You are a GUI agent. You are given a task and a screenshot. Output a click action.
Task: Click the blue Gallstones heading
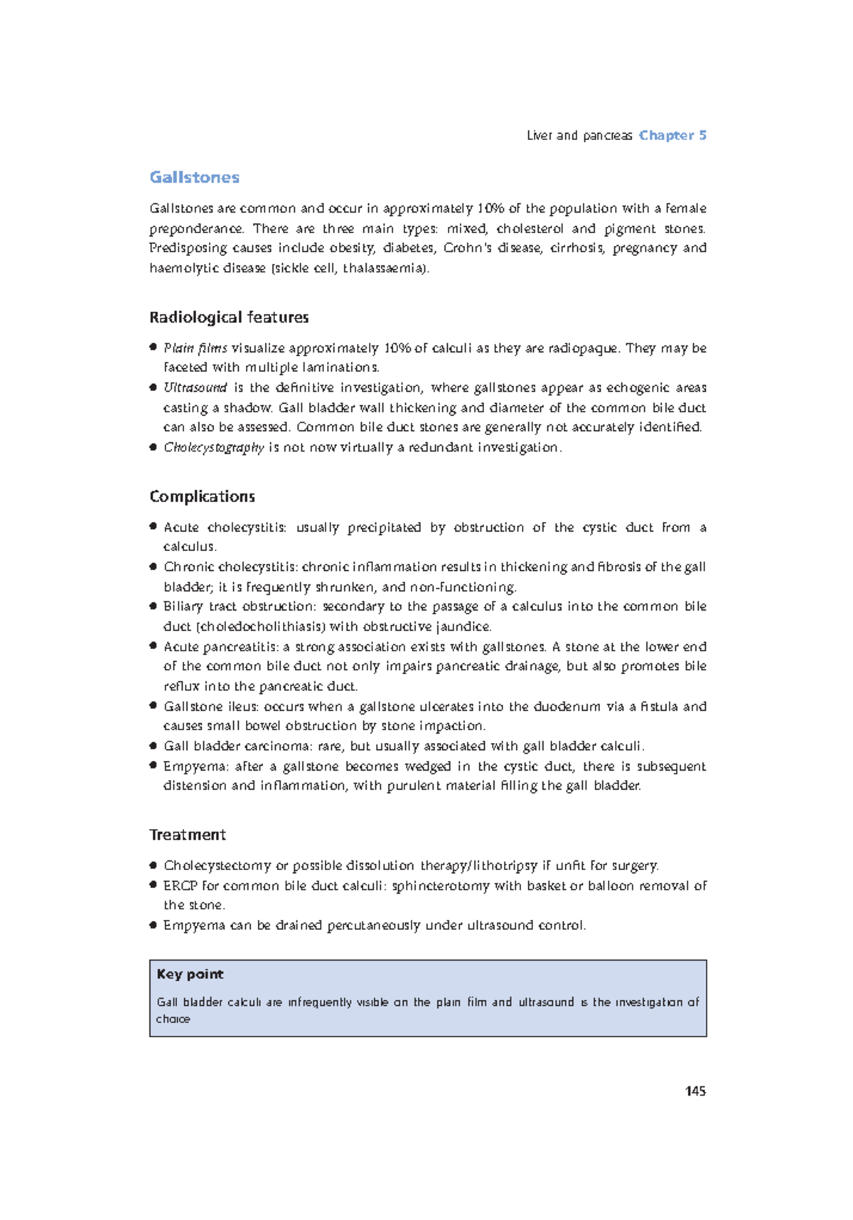(194, 177)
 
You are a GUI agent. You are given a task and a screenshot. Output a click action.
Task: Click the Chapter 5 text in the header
(672, 135)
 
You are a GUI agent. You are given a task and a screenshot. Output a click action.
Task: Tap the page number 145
(695, 1091)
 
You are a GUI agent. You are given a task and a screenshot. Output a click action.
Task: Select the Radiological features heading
(229, 317)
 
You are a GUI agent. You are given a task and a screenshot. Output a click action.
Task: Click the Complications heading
(202, 496)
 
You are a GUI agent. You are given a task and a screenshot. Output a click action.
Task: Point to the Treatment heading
(187, 835)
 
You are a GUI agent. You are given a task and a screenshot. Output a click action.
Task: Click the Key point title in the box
(190, 974)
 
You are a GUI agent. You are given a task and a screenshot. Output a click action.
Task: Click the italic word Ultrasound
(195, 387)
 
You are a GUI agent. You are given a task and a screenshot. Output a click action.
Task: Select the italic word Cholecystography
(213, 447)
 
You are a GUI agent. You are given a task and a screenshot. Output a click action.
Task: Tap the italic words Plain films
(195, 348)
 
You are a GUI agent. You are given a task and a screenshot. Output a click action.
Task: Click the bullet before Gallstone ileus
(153, 705)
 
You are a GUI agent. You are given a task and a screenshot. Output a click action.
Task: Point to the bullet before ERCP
(153, 884)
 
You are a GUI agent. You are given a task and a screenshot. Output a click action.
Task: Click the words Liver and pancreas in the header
(579, 135)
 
